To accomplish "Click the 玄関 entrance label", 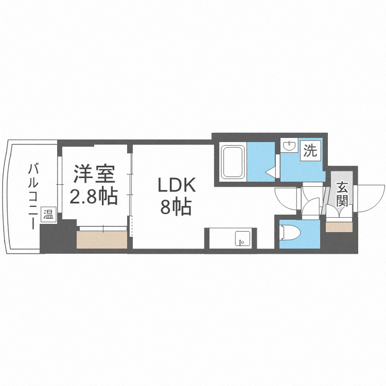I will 342,194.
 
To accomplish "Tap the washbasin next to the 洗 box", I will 289,146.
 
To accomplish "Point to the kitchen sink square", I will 241,239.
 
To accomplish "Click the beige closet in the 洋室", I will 102,240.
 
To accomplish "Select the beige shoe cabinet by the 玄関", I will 339,226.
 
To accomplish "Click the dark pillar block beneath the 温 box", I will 50,237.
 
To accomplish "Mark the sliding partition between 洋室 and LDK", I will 131,190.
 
